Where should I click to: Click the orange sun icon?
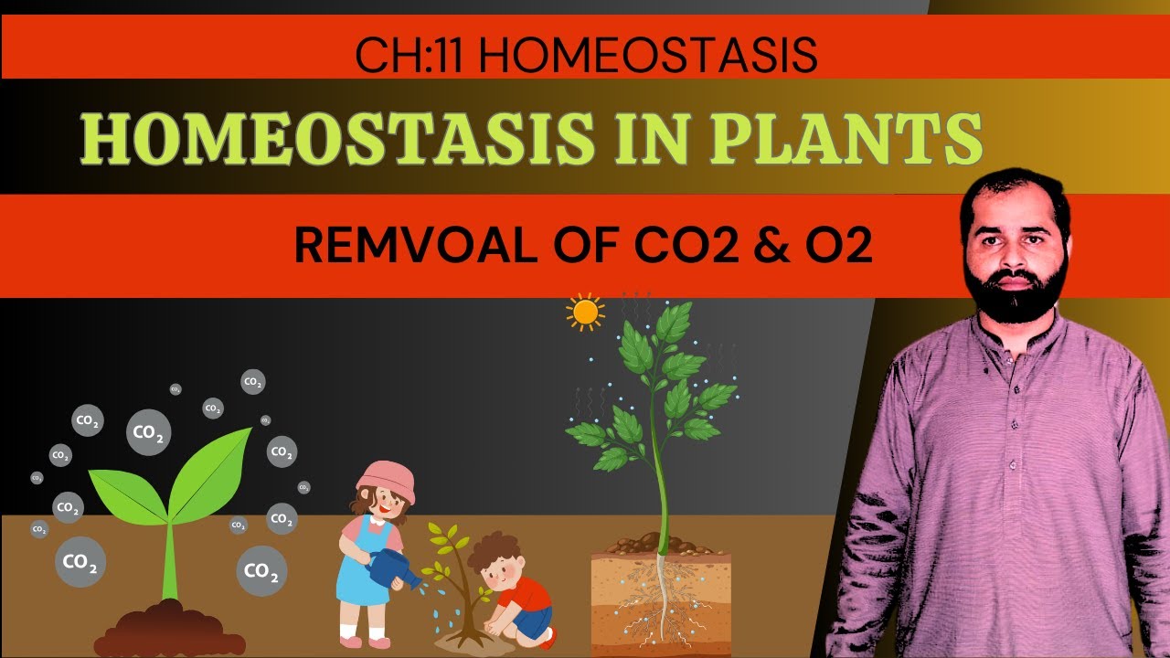coord(585,313)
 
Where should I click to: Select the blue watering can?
coord(391,567)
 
